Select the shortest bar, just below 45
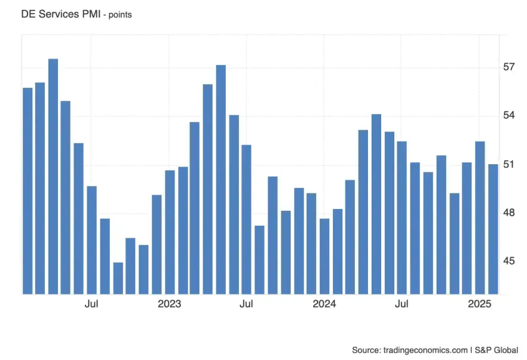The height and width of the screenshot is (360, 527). (x=118, y=278)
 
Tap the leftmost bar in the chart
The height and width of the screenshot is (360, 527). (x=27, y=191)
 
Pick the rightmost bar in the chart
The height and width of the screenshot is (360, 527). (x=493, y=229)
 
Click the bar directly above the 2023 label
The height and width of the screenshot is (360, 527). (x=170, y=232)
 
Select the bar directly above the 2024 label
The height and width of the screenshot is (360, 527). (x=324, y=256)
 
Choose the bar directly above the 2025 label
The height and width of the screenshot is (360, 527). (x=480, y=218)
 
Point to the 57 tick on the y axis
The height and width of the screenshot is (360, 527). (x=509, y=67)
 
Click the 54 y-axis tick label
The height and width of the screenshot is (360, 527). (x=509, y=116)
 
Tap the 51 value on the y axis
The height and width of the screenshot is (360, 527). (x=509, y=164)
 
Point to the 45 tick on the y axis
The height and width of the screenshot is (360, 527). (x=509, y=261)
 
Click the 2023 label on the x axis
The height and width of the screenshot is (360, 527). (x=169, y=304)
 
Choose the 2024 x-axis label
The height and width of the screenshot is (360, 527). (x=324, y=304)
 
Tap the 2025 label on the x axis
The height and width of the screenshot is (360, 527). (x=480, y=304)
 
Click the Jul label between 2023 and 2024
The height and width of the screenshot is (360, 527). (x=246, y=304)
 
